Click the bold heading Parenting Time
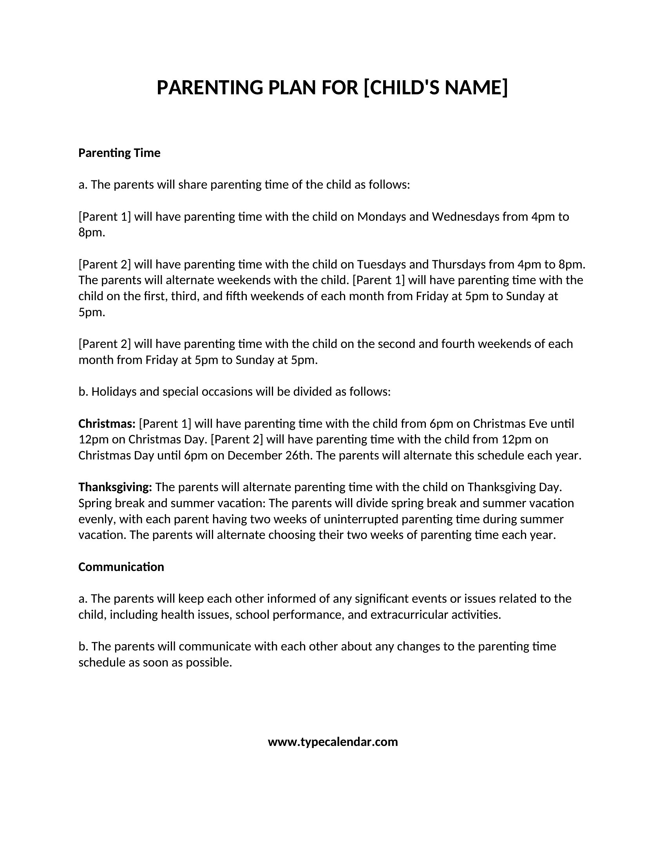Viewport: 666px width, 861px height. tap(119, 153)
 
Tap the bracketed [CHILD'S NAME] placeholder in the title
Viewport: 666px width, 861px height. tap(435, 88)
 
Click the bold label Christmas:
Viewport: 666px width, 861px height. tap(107, 424)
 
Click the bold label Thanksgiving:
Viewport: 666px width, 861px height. tap(115, 488)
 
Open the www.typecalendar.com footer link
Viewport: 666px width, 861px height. tap(333, 742)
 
